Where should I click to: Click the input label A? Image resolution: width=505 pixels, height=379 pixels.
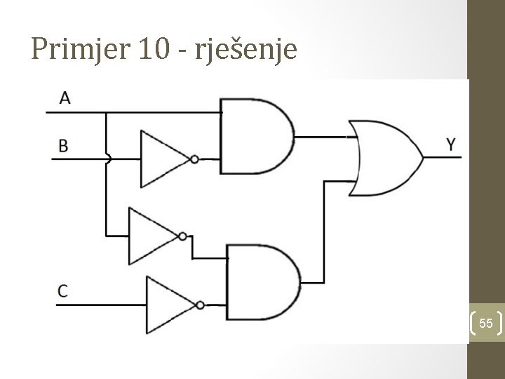65,98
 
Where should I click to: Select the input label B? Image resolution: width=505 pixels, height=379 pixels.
64,145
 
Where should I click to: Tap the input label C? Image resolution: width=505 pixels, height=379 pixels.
64,290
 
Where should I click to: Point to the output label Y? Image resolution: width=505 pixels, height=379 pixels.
453,145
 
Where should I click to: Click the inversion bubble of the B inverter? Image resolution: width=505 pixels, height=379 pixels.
194,159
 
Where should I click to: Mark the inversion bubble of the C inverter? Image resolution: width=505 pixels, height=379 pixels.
201,305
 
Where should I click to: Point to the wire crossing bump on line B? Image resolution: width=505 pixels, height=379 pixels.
107,159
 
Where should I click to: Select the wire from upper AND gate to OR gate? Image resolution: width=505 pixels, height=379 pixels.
323,135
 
